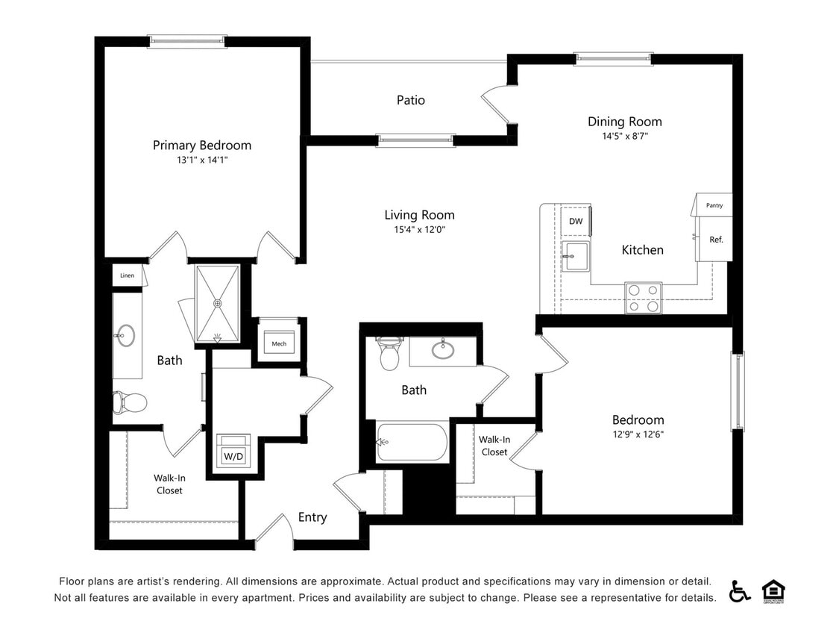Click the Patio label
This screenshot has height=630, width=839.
coord(410,100)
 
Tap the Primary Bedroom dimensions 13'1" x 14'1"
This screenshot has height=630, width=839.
coord(201,160)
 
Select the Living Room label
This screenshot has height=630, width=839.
coord(419,215)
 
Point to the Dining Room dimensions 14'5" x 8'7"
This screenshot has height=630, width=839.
coord(624,136)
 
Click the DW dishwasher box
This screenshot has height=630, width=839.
coord(576,221)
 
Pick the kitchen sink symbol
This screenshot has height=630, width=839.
coord(575,256)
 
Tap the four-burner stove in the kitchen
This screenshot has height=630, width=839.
coord(643,297)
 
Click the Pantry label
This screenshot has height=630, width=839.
coord(714,205)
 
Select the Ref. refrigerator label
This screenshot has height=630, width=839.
coord(716,240)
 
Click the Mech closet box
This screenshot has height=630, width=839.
coord(279,343)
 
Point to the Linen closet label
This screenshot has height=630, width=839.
coord(127,275)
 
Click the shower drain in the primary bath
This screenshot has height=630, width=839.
coord(218,304)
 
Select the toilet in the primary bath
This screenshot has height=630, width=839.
coord(129,402)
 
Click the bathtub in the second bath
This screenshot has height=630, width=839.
coord(412,443)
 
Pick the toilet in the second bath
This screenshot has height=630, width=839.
coord(389,354)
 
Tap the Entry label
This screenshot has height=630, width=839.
coord(312,517)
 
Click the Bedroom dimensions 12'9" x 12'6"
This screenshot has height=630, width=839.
coord(638,434)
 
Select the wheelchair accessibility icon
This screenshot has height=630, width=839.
coord(739,591)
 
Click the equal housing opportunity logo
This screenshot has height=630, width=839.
coord(773,591)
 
